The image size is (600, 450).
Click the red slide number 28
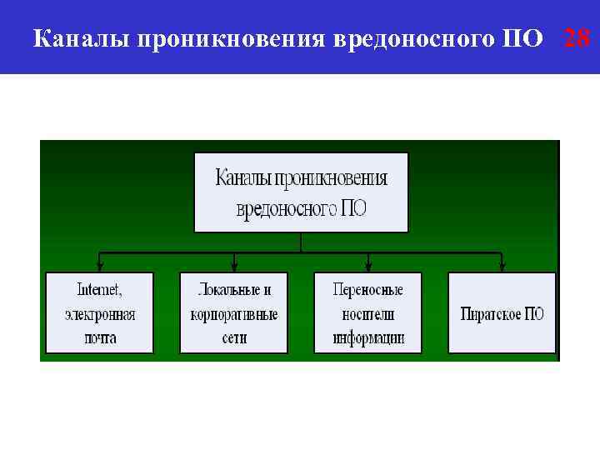click(577, 37)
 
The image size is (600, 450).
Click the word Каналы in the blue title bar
click(77, 38)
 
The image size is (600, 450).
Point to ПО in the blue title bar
click(523, 38)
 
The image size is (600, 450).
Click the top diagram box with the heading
click(301, 192)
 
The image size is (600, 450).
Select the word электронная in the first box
click(99, 315)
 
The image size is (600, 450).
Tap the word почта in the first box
click(99, 338)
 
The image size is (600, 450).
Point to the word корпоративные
click(234, 315)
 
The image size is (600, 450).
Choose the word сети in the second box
click(234, 338)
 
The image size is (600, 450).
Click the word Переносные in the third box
click(367, 291)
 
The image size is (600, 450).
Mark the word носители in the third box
click(367, 315)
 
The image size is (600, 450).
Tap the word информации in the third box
click(367, 338)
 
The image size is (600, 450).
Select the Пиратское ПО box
click(502, 313)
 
